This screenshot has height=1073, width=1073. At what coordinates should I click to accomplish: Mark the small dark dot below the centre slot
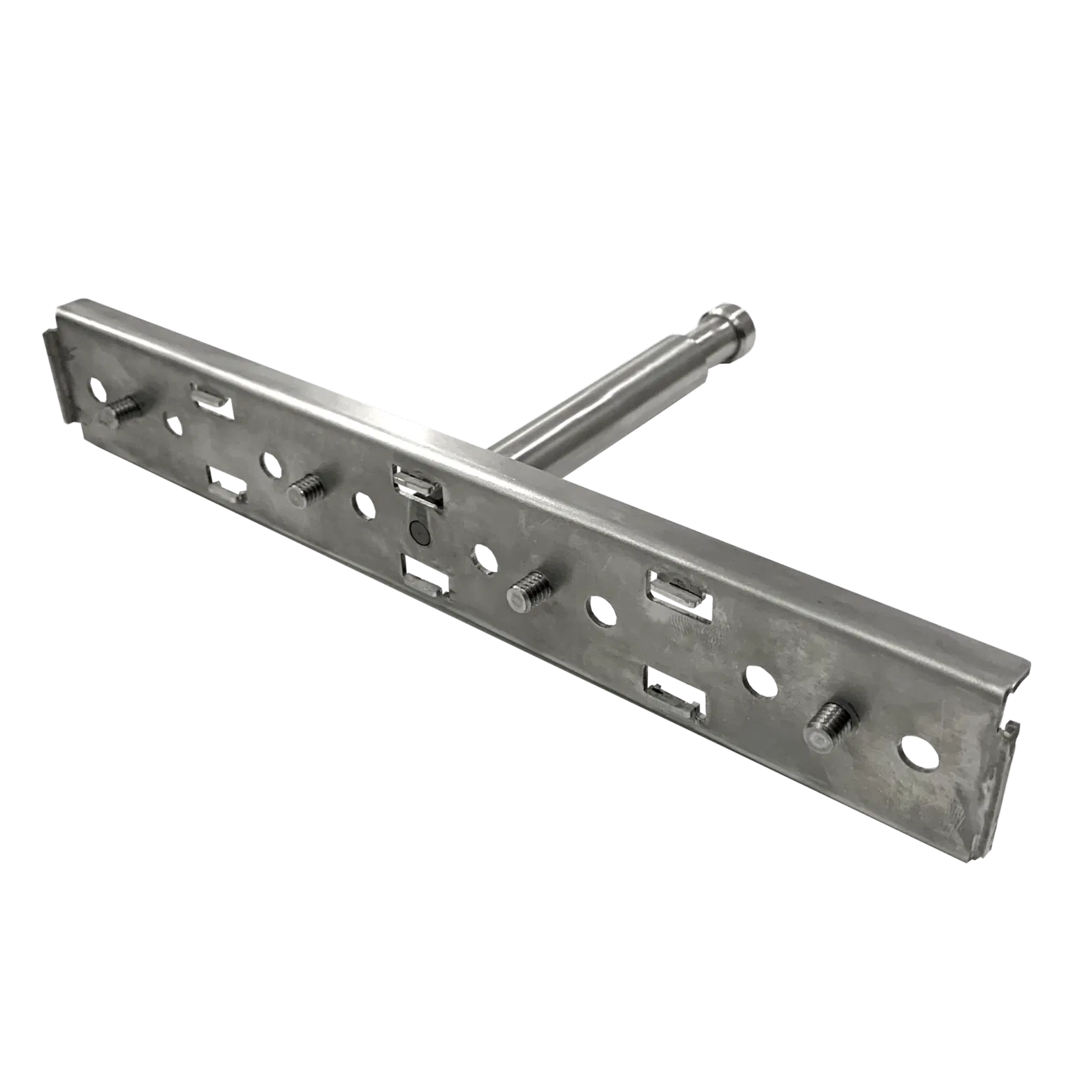point(417,532)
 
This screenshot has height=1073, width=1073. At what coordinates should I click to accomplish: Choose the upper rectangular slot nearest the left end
point(212,400)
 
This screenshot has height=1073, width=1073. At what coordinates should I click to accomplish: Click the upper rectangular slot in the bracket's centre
point(416,486)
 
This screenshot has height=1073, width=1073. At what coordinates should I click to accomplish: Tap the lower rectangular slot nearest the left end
point(225,483)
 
